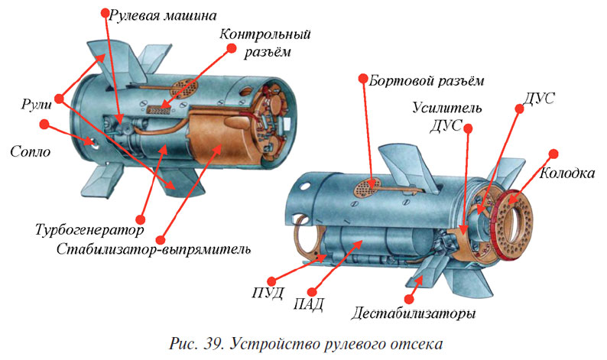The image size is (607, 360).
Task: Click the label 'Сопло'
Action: point(31,151)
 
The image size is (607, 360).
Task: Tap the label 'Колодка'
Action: point(567,174)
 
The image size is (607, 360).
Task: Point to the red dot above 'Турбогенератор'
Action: point(140,218)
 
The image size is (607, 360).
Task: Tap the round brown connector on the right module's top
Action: point(374,183)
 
